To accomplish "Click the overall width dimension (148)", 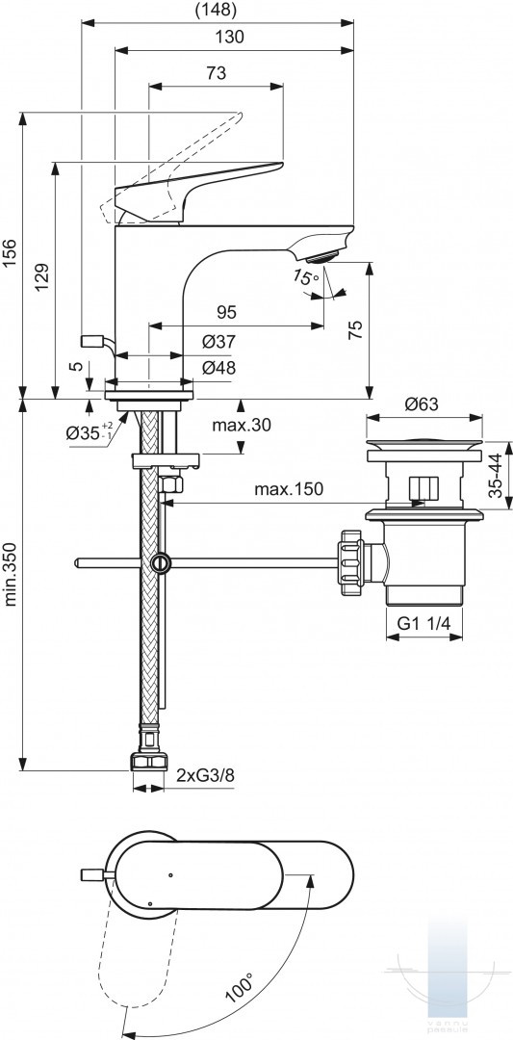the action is coord(217,10).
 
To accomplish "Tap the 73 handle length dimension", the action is coord(216,73).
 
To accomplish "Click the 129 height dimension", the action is coord(41,278).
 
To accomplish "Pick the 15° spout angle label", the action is coord(305,277).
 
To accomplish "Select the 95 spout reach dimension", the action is coord(227,312).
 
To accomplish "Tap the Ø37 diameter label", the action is coord(218,342).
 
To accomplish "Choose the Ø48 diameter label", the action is coord(218,368).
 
